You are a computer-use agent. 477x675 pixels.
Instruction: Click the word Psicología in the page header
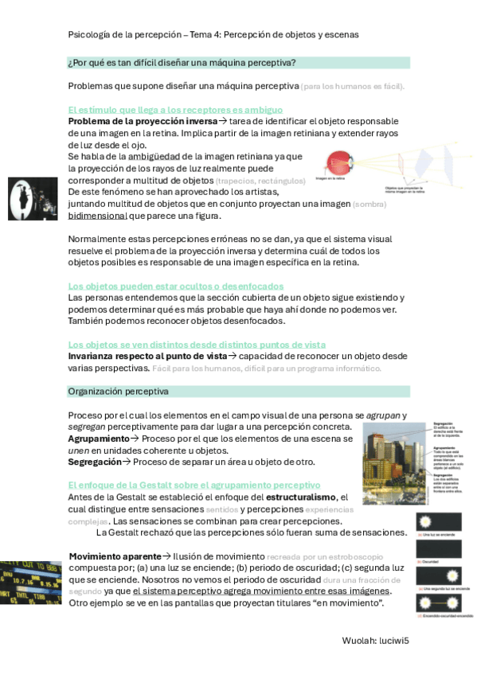(89, 35)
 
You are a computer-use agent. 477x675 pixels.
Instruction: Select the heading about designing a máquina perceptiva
(182, 63)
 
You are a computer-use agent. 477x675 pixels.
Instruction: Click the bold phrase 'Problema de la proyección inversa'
(143, 121)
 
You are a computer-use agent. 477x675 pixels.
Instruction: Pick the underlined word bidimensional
(98, 215)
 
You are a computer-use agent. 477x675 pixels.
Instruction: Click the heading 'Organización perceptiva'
(118, 392)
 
